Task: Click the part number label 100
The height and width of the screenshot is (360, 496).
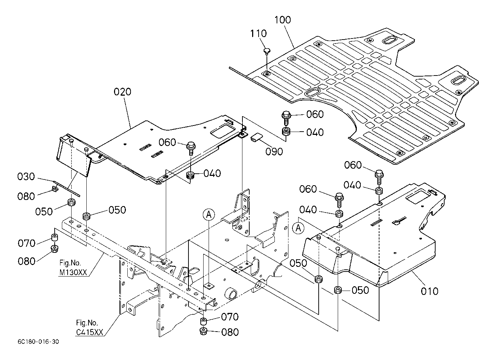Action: tap(283, 20)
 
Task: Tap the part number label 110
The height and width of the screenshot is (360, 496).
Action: tap(258, 33)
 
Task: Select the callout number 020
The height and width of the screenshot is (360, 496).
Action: tap(122, 92)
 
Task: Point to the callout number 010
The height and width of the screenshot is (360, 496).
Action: tap(429, 291)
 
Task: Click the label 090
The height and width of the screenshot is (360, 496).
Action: tap(274, 152)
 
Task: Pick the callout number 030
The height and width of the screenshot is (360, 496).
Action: tap(26, 177)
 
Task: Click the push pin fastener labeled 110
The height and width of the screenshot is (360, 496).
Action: tap(267, 51)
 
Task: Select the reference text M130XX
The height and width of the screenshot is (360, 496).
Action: tap(73, 273)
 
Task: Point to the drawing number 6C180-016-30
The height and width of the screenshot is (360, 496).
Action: tap(38, 342)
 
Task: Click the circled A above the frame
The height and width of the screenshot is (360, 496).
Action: tap(209, 214)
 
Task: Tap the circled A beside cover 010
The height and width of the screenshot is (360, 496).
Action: tap(298, 228)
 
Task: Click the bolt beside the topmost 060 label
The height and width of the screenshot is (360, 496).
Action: tap(286, 118)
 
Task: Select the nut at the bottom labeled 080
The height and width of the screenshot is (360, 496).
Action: tap(203, 332)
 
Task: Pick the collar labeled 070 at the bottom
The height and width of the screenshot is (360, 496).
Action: tap(204, 321)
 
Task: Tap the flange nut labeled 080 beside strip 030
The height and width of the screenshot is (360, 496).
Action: tap(54, 189)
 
